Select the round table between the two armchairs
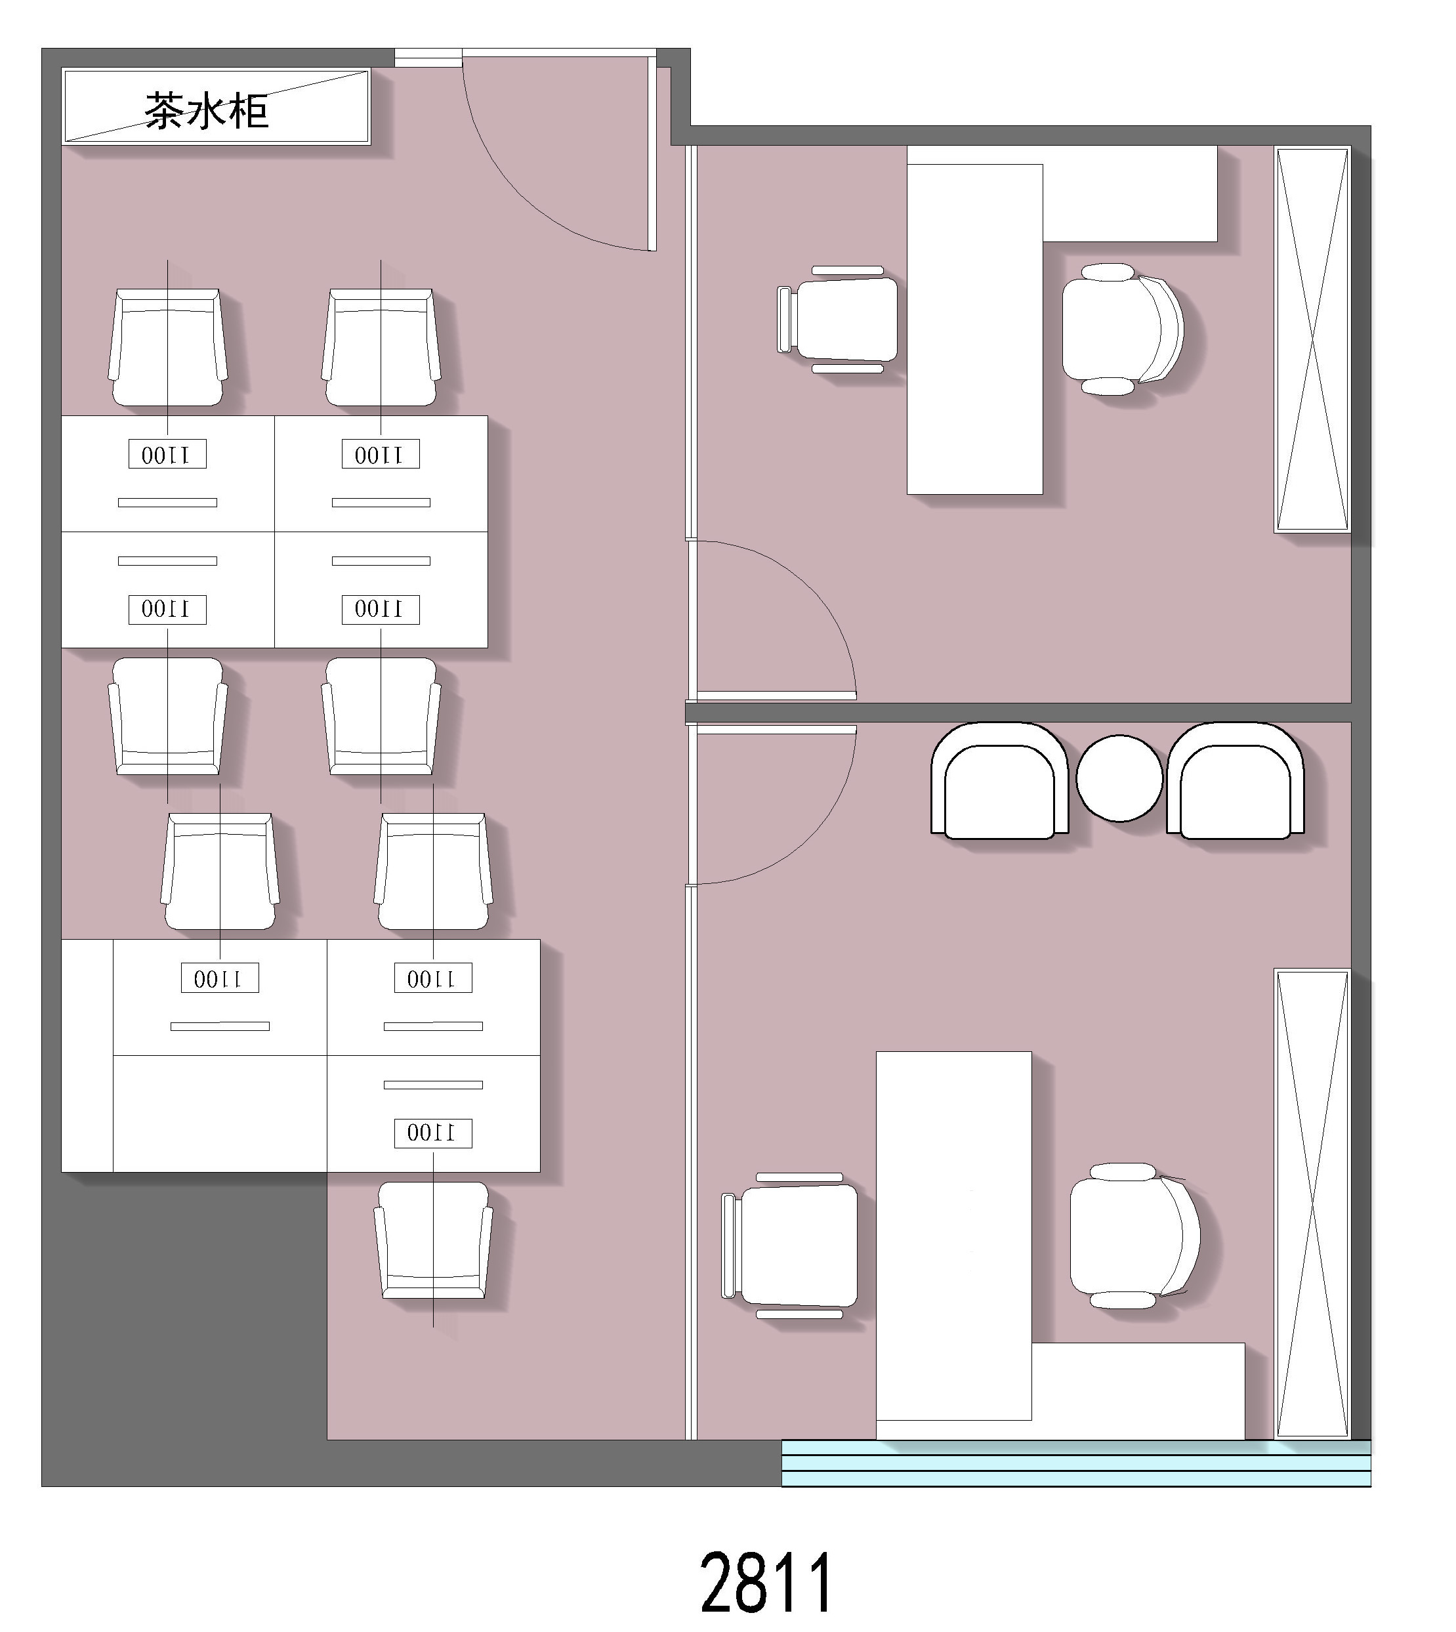pos(1119,778)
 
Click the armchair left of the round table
pos(1000,781)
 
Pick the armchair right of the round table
pos(1236,781)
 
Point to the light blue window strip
pos(1076,1463)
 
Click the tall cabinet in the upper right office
pos(1312,340)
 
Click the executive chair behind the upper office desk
pos(1123,329)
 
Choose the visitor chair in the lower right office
pos(789,1245)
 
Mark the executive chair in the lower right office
pos(1135,1236)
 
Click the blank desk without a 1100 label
pos(220,1114)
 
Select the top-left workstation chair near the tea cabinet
pos(167,347)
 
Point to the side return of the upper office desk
pos(1131,194)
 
